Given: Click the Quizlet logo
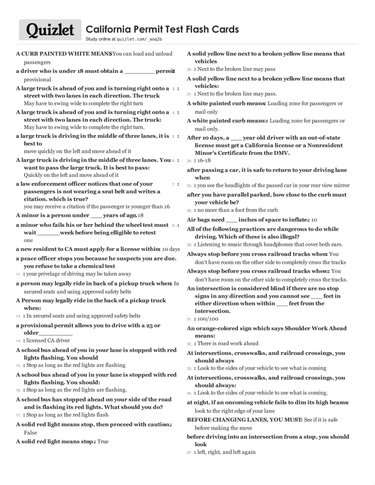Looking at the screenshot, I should click(x=50, y=30).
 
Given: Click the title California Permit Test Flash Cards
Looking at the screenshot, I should click(x=162, y=29).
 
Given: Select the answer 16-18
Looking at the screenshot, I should click(x=205, y=161).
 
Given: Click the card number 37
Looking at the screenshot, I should click(x=189, y=453).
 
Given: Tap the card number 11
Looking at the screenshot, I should click(x=18, y=274).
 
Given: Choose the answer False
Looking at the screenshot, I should click(x=31, y=432).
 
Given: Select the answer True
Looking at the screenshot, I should click(x=103, y=441).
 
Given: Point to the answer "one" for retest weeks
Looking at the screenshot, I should click(x=28, y=240).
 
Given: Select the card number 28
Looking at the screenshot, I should click(x=189, y=245).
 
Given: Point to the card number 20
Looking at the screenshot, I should click(x=189, y=69).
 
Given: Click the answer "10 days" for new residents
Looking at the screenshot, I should click(x=171, y=249).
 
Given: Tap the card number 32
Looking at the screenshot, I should click(x=189, y=344).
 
